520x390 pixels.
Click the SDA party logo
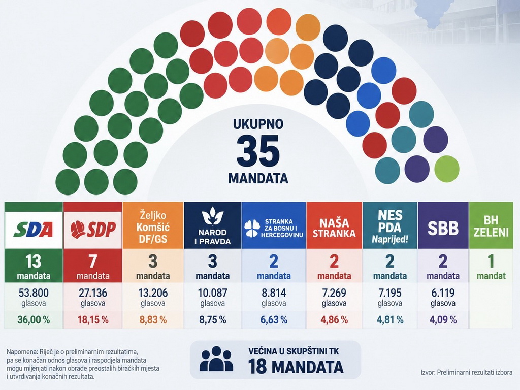[x=33, y=229]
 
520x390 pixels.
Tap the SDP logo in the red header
[x=93, y=229]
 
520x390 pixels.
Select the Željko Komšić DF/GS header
[x=153, y=225]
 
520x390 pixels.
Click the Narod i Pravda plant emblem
[x=212, y=216]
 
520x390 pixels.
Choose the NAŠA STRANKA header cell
[x=334, y=225]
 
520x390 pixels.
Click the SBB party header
[x=443, y=225]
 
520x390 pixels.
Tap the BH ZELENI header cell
[x=491, y=225]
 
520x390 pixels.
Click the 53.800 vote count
[x=34, y=293]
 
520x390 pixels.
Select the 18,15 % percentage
[x=93, y=320]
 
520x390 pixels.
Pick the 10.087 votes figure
[x=213, y=293]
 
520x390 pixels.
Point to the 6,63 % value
[x=274, y=320]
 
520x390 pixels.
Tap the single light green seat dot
[x=447, y=169]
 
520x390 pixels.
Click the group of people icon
[x=216, y=359]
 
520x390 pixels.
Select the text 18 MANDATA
[x=296, y=367]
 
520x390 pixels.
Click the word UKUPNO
[x=258, y=124]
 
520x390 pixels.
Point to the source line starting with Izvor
[x=466, y=372]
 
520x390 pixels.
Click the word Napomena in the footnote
[x=21, y=352]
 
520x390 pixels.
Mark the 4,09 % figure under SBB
[x=443, y=320]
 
